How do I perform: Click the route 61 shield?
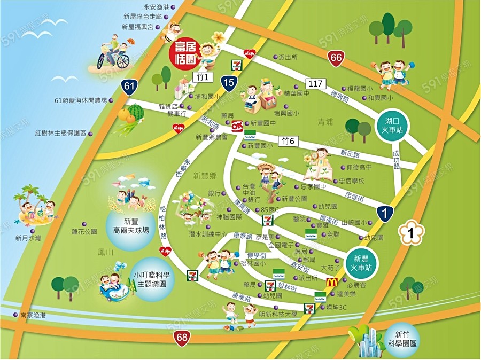point(128,87)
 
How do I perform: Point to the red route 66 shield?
point(336,59)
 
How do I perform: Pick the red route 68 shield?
point(182,337)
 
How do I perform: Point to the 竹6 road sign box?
point(289,141)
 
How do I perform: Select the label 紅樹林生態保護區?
point(60,133)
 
